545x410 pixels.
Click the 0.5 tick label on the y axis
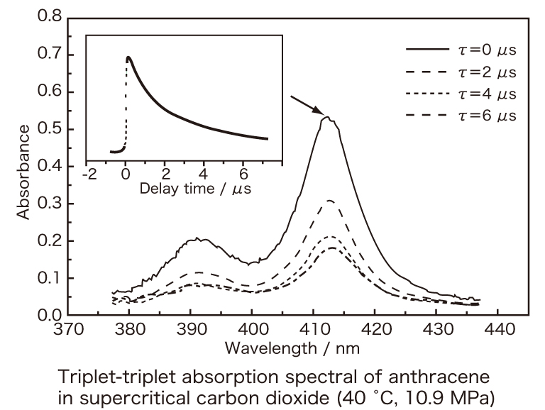click(48, 129)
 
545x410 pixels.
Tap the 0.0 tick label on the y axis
click(48, 315)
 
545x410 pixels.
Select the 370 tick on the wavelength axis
click(68, 330)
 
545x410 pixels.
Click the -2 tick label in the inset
click(89, 174)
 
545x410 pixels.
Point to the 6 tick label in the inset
click(243, 174)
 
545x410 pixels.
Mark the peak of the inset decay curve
click(128, 57)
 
